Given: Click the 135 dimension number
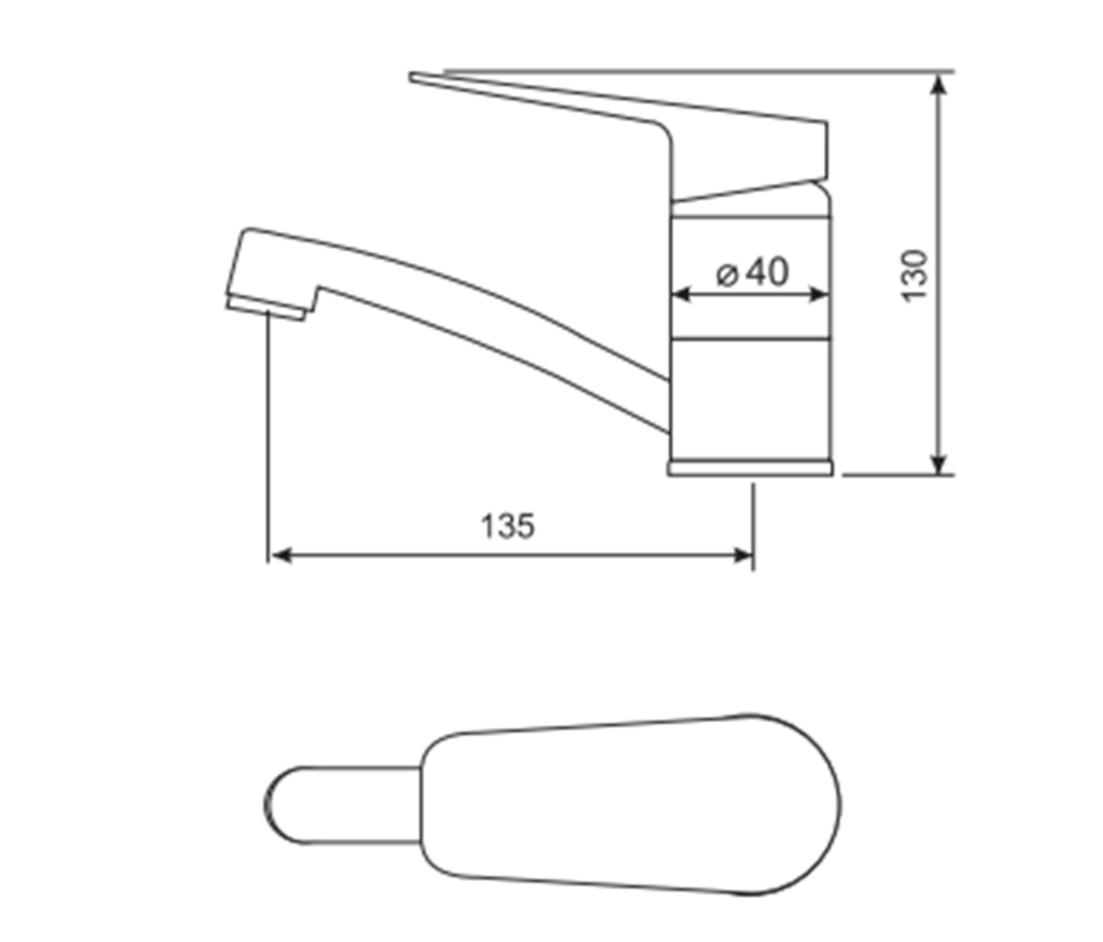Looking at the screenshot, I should pyautogui.click(x=507, y=526).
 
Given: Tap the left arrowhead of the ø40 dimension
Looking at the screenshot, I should pyautogui.click(x=682, y=294).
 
